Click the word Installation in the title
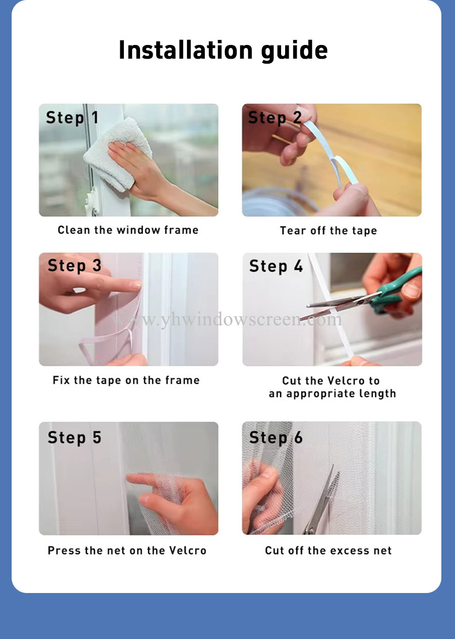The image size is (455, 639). (x=186, y=50)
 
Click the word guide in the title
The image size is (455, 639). (x=294, y=52)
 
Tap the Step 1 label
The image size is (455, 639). (x=72, y=118)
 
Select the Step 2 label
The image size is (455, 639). (x=275, y=118)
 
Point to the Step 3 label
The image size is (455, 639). (x=74, y=266)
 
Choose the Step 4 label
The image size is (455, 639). (x=276, y=266)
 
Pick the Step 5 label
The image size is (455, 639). (x=74, y=437)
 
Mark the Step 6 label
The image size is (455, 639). (x=276, y=437)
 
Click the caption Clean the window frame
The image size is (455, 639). (x=128, y=230)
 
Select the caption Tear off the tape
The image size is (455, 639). (x=328, y=231)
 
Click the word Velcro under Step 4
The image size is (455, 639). (x=346, y=380)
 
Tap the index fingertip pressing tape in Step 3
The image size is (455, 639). (x=135, y=285)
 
